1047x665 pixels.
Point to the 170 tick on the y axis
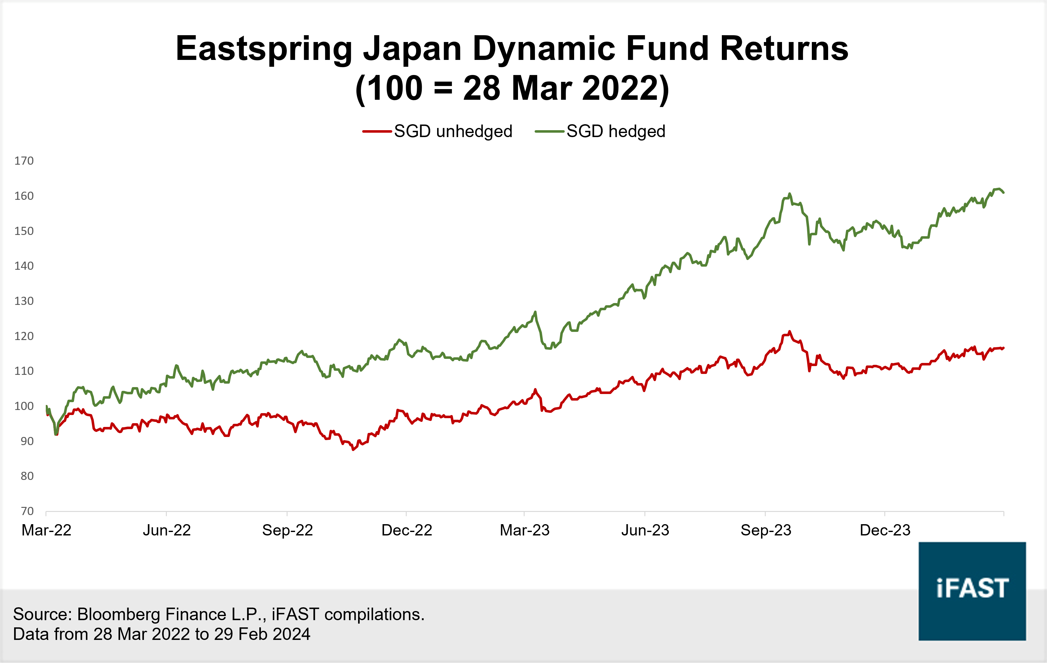tap(24, 161)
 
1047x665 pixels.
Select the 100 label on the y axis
tap(24, 406)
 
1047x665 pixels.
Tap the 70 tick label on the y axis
tap(27, 511)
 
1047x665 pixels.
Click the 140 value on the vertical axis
tap(24, 266)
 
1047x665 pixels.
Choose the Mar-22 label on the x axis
tap(46, 530)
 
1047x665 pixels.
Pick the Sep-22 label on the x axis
tap(288, 530)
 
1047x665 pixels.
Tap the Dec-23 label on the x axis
tap(885, 530)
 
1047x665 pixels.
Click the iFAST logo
tap(972, 591)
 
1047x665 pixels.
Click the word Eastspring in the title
tap(263, 49)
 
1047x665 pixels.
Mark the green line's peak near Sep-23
tap(790, 194)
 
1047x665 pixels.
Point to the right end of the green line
tap(1003, 192)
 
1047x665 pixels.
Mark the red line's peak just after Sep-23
tap(790, 332)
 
